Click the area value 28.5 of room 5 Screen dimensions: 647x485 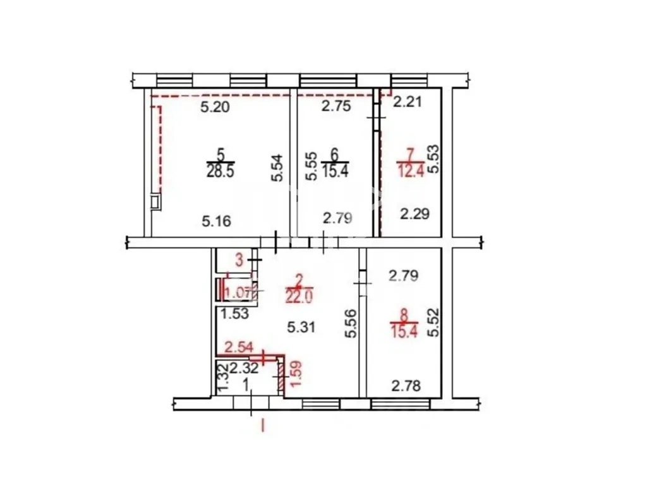tap(221, 171)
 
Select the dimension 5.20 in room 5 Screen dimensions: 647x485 tap(215, 107)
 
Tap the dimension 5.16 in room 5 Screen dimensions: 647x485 tap(217, 222)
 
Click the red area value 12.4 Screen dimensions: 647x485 tap(411, 171)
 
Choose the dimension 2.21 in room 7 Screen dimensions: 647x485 tap(408, 102)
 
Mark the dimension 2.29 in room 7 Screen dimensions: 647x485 tap(415, 213)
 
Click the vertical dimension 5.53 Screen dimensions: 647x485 tap(433, 159)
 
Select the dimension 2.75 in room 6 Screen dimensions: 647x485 tap(336, 106)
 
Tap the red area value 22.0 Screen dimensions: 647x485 tap(299, 296)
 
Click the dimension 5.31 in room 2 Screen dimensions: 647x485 tap(301, 328)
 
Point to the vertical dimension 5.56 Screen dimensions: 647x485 tap(351, 324)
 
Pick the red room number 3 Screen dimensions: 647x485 tap(239, 261)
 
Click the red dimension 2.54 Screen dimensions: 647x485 tap(238, 347)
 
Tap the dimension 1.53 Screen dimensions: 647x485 tap(234, 314)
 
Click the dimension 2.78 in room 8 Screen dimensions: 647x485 tap(406, 386)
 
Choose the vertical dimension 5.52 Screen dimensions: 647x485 tap(433, 323)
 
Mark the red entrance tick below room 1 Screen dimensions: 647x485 tap(262, 425)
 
